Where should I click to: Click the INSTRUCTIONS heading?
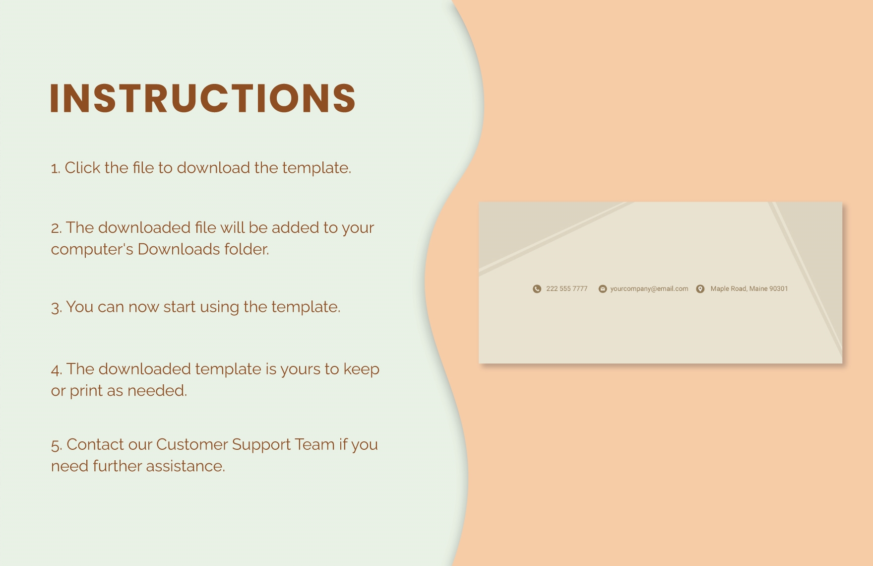point(202,98)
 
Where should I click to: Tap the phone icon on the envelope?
point(537,289)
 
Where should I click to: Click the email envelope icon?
point(603,289)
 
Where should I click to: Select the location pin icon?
point(700,289)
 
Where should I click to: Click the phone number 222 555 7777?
point(566,289)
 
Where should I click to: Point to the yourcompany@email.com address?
point(649,289)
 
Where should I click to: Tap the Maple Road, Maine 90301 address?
point(749,289)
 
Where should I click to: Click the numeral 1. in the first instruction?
point(56,169)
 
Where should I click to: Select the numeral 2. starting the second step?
point(56,228)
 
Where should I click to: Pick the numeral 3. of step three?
point(57,308)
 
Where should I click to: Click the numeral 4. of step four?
point(57,370)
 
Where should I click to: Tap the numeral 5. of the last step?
point(57,445)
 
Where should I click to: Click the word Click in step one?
point(82,168)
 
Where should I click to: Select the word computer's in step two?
point(92,249)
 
